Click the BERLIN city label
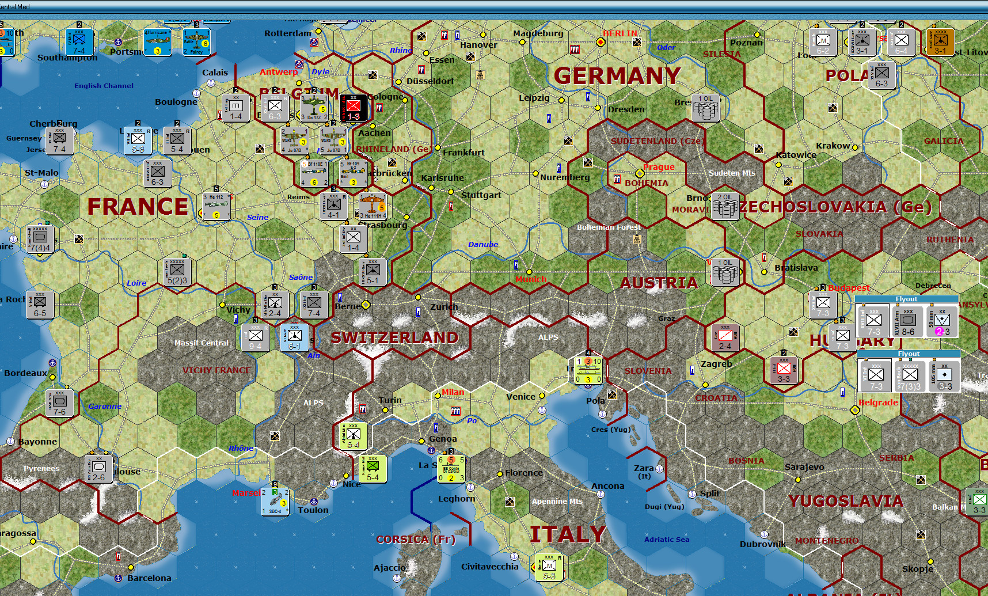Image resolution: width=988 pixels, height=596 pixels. pyautogui.click(x=620, y=33)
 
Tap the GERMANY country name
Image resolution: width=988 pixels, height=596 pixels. pyautogui.click(x=617, y=75)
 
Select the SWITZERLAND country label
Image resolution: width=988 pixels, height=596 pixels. pyautogui.click(x=394, y=337)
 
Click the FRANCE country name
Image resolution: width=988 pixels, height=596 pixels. pyautogui.click(x=138, y=207)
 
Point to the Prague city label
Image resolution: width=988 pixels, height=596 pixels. pyautogui.click(x=659, y=167)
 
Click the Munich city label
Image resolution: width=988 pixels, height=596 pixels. pyautogui.click(x=531, y=279)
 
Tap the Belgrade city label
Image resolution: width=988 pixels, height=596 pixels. pyautogui.click(x=877, y=403)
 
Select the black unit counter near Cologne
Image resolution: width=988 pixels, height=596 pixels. pyautogui.click(x=353, y=108)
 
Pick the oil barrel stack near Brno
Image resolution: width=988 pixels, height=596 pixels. pyautogui.click(x=725, y=206)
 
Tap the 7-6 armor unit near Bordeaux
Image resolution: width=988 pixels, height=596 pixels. pyautogui.click(x=59, y=403)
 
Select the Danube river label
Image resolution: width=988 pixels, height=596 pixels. pyautogui.click(x=482, y=244)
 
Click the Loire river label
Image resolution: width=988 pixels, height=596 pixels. pyautogui.click(x=136, y=283)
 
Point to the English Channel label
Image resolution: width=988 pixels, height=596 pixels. pyautogui.click(x=104, y=86)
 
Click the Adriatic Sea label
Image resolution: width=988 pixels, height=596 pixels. pyautogui.click(x=666, y=540)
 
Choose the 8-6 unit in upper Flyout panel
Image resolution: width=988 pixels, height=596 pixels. pyautogui.click(x=908, y=322)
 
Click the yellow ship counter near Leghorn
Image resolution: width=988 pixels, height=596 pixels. pyautogui.click(x=451, y=469)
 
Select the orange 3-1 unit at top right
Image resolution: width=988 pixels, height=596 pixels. pyautogui.click(x=940, y=42)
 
